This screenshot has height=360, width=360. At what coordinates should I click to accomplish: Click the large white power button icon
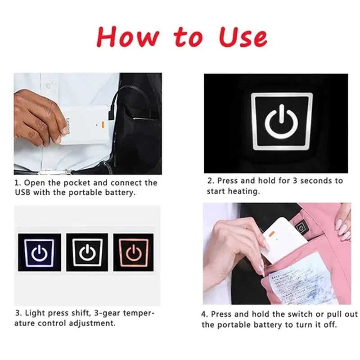[x=282, y=122]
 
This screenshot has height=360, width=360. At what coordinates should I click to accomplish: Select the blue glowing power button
[x=40, y=252]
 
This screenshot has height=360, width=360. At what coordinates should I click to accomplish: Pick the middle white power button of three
[x=87, y=252]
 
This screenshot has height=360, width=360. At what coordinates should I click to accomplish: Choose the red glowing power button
[x=133, y=252]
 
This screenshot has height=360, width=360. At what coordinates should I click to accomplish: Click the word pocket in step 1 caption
[x=82, y=183]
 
